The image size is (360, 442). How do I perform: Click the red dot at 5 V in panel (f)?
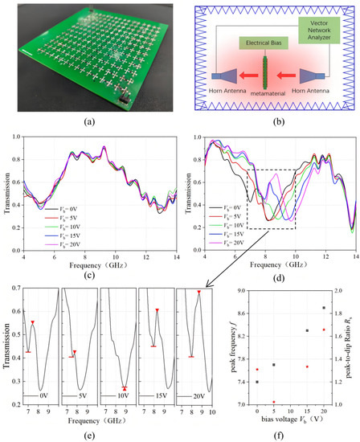(x=274, y=402)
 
